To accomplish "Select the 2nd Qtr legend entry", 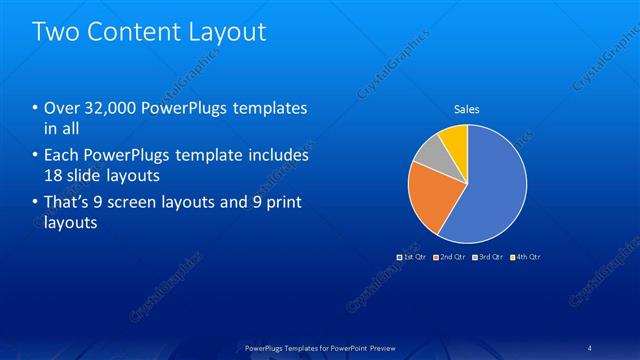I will coord(449,257).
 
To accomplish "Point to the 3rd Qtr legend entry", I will coord(487,257).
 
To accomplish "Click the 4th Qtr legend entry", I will coord(525,257).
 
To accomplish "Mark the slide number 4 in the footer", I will coord(591,348).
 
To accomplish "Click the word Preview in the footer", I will coord(377,348).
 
